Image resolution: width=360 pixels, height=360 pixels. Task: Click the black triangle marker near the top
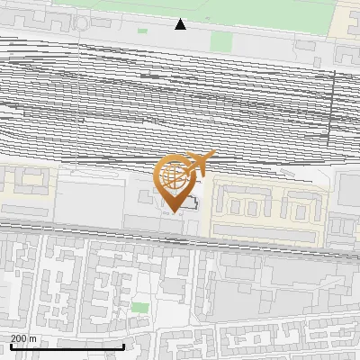pyautogui.click(x=181, y=24)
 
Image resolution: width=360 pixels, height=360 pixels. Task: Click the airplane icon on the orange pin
pyautogui.click(x=199, y=163)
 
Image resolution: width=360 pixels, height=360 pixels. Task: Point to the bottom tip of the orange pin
pyautogui.click(x=172, y=211)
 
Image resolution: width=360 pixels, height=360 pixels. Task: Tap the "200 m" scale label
pyautogui.click(x=23, y=338)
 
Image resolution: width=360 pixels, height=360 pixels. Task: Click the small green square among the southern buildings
pyautogui.click(x=139, y=308)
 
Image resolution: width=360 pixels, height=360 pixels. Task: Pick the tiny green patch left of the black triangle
pyautogui.click(x=142, y=31)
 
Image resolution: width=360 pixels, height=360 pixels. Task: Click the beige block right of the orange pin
pyautogui.click(x=265, y=211)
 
